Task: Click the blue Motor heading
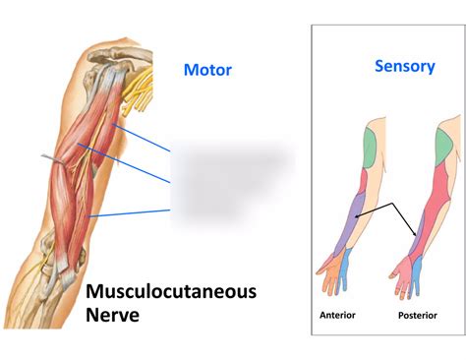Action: (x=207, y=70)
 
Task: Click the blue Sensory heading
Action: (x=404, y=66)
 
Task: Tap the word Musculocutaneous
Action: (x=171, y=291)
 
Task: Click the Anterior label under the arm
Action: (x=337, y=315)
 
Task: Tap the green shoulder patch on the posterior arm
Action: (x=447, y=148)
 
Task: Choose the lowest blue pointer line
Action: (x=128, y=212)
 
